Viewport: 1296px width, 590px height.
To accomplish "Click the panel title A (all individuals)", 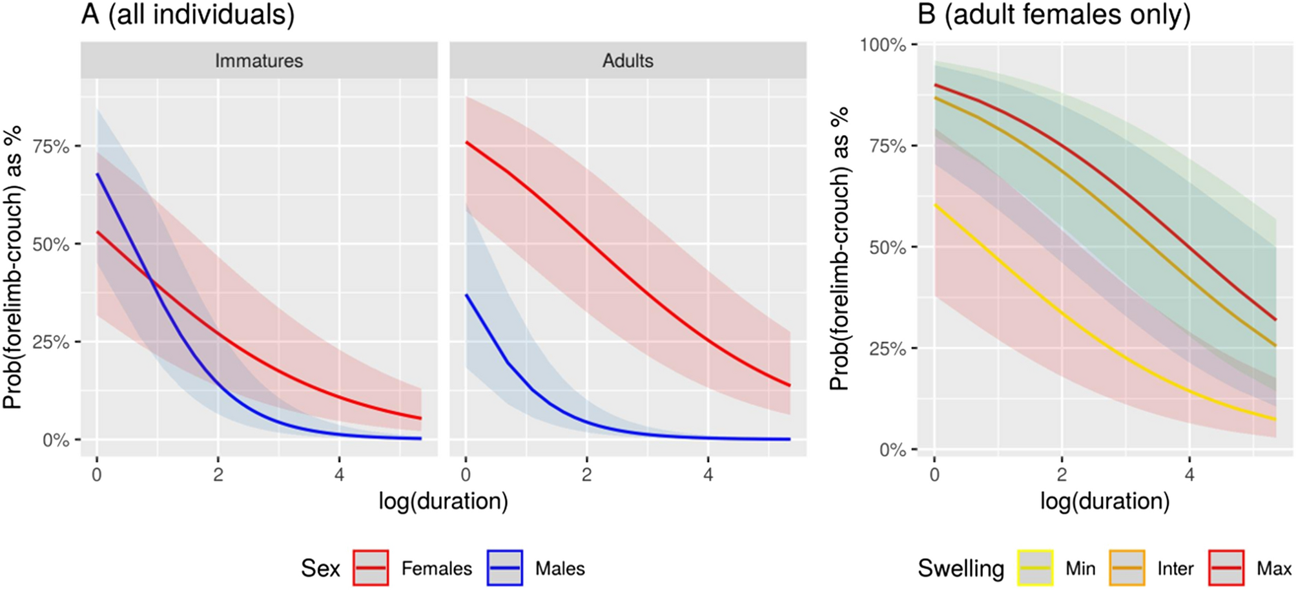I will [x=188, y=14].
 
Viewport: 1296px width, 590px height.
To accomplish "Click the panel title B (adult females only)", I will [x=1054, y=14].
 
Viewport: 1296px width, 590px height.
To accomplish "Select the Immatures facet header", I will [x=259, y=61].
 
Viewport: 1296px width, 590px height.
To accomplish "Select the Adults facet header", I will [x=628, y=61].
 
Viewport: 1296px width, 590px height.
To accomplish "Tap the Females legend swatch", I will [x=371, y=568].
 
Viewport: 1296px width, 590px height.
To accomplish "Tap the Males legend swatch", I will [x=505, y=568].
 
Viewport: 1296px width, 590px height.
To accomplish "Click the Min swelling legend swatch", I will [x=1035, y=568].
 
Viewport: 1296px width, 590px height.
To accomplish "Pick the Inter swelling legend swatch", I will [x=1127, y=568].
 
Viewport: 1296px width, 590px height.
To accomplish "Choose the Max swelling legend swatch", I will [x=1226, y=568].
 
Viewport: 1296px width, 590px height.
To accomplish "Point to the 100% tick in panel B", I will [x=883, y=45].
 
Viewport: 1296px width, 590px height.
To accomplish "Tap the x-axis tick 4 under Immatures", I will [x=340, y=475].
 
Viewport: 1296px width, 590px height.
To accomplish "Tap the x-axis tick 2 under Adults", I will [x=586, y=475].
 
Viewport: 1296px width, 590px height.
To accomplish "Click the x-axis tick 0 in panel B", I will [x=934, y=475].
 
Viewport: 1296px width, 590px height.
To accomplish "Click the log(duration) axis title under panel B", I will [x=1104, y=501].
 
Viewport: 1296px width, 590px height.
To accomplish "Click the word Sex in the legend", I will [x=320, y=568].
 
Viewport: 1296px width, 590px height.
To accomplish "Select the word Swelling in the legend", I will [x=961, y=568].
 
